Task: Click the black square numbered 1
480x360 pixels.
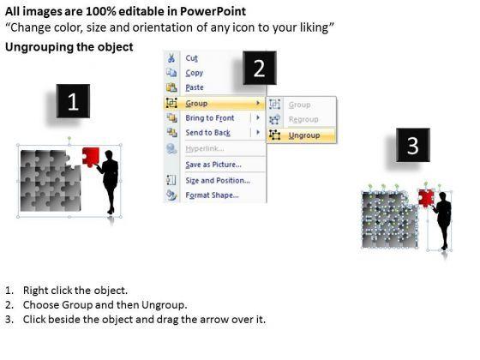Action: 73,101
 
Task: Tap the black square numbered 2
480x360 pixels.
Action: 260,68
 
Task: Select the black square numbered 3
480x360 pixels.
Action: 413,145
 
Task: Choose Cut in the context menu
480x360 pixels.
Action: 192,58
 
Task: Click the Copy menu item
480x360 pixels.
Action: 195,73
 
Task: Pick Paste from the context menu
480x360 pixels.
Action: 195,87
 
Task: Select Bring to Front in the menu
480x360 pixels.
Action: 210,118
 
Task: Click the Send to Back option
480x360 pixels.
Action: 207,133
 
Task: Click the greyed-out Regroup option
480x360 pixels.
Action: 303,119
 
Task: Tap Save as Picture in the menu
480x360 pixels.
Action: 213,165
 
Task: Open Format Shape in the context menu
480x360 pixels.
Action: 213,195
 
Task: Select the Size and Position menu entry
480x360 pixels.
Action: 218,181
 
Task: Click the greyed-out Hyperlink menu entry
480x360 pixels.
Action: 205,149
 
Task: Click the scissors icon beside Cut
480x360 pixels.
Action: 171,57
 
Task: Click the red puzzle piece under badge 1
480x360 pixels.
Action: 91,157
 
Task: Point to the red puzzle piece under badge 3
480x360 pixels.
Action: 426,198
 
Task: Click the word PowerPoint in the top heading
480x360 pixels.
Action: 213,11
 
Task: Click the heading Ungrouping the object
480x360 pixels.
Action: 69,47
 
